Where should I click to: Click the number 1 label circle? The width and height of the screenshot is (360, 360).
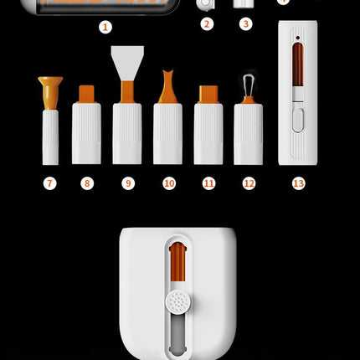(105, 27)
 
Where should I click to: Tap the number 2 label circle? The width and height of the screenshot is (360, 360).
(207, 23)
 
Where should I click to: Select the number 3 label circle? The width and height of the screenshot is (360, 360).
(246, 23)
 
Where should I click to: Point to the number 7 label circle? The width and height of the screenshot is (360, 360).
(50, 183)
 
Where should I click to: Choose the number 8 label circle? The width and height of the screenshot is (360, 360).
(87, 183)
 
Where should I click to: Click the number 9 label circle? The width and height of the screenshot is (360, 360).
(128, 183)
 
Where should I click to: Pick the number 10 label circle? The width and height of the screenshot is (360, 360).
(169, 183)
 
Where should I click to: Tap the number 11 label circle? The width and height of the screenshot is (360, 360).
(209, 183)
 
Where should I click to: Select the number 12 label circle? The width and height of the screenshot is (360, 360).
(249, 183)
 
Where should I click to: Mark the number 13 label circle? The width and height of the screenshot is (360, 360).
(298, 183)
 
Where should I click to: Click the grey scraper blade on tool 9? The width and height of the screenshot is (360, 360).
(127, 61)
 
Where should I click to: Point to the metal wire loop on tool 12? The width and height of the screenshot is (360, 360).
(248, 85)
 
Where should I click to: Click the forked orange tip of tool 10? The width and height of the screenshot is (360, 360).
(167, 87)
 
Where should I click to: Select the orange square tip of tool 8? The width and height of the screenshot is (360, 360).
(86, 94)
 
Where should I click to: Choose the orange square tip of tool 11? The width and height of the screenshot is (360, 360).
(208, 95)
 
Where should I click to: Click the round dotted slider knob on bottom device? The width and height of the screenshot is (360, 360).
(178, 301)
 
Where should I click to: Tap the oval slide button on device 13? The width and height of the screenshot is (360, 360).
(297, 121)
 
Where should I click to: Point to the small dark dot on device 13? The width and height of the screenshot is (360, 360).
(297, 38)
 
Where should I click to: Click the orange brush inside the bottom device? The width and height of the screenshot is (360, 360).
(177, 262)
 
